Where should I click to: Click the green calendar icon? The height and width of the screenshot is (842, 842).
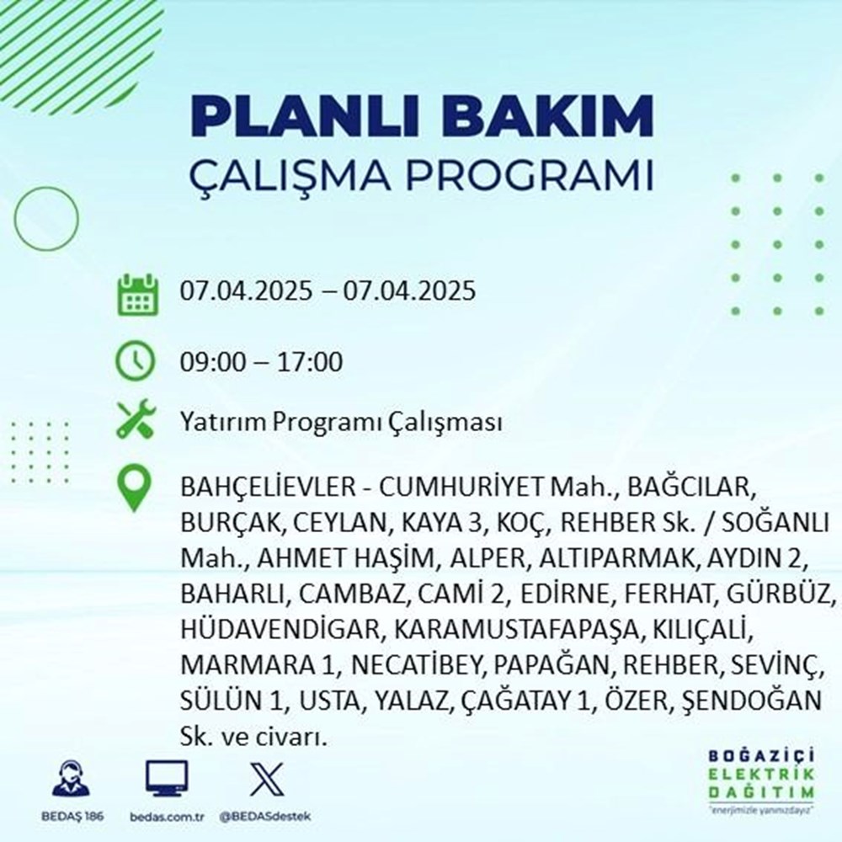[136, 293]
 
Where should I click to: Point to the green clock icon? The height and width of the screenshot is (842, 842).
[136, 363]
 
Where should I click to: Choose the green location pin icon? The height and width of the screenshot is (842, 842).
[136, 489]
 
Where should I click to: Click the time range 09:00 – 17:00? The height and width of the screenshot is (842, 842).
[261, 363]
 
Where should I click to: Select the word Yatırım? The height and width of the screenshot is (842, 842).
[221, 422]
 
